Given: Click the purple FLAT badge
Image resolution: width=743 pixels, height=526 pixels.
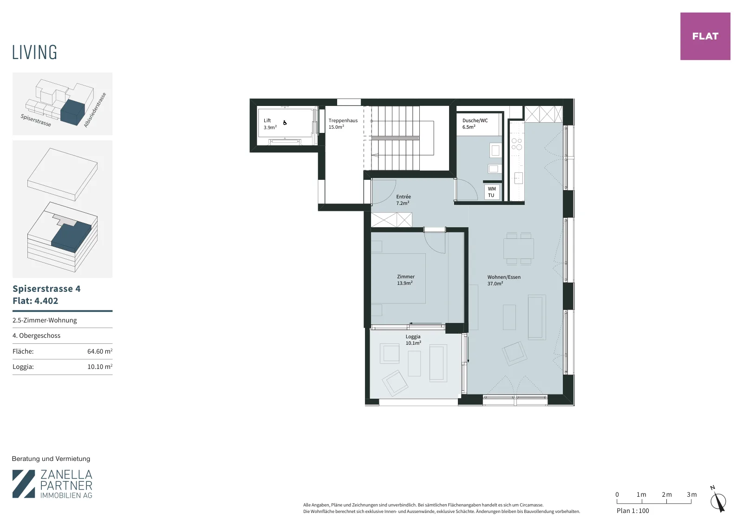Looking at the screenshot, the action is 705,36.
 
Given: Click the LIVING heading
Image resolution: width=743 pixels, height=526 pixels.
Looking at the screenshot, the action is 34,53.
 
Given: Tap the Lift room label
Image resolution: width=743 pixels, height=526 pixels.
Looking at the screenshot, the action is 270,124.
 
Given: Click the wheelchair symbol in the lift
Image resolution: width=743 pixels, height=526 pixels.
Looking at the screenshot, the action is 285,123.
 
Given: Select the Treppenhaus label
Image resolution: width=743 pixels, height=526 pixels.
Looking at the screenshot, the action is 343,124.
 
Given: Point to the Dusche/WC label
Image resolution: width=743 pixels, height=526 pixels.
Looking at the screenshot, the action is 475,124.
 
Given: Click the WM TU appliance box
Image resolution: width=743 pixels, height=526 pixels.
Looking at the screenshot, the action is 492,192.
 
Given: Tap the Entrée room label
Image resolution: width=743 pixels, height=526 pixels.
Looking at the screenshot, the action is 403,200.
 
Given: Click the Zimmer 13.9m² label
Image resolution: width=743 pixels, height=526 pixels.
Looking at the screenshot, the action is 405,280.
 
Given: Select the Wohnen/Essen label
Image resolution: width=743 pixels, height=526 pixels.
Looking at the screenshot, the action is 503,280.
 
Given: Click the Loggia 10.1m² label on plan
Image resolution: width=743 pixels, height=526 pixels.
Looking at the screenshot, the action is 413,340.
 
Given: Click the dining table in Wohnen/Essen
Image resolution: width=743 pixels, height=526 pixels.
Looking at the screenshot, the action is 518,249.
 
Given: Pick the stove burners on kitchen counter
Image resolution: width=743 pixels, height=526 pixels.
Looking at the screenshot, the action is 516,144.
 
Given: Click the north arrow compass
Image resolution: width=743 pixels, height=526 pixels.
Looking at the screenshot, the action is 718,500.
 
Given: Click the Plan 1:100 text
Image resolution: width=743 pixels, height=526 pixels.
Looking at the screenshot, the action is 632,511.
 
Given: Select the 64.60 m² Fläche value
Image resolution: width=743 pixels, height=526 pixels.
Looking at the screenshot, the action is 99,351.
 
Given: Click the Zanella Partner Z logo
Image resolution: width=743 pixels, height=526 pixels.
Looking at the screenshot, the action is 24,484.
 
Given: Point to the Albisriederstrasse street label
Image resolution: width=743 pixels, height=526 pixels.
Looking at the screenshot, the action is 95,110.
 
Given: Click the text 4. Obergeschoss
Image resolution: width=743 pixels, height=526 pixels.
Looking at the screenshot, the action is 37,335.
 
